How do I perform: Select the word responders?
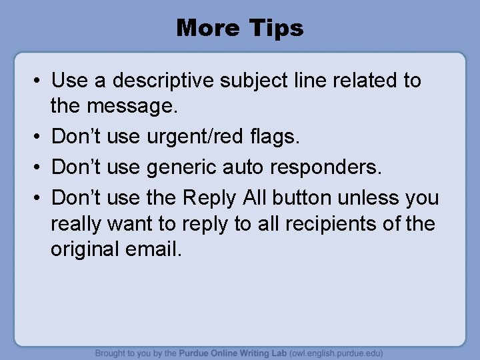[334, 167]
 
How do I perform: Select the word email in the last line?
[158, 249]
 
